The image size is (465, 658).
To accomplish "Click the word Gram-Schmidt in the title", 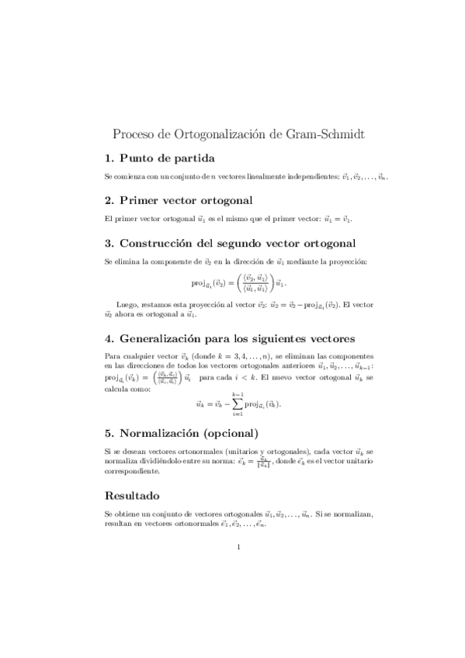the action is tap(320, 133).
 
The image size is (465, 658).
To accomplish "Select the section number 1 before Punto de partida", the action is tap(109, 158).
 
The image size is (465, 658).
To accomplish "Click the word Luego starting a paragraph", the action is tap(127, 306).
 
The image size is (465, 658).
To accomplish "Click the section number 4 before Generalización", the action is tap(109, 338).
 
